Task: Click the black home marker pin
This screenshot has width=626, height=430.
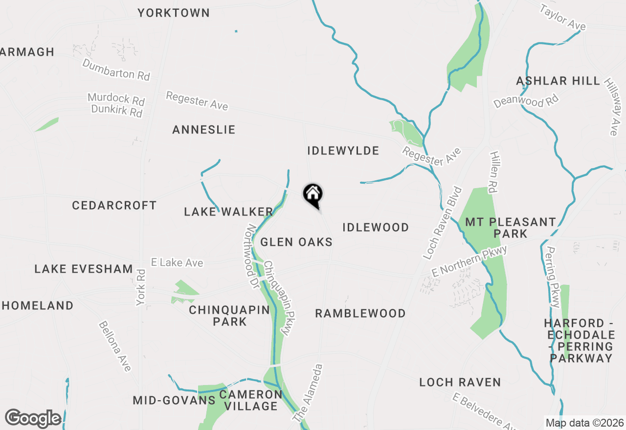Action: tap(313, 195)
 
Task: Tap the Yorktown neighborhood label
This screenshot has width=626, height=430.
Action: tap(174, 13)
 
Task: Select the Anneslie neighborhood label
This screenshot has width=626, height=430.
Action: tap(204, 129)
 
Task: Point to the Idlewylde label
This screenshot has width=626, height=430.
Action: tap(343, 150)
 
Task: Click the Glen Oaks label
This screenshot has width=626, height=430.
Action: tap(296, 242)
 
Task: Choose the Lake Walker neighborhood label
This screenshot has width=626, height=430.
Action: tap(228, 212)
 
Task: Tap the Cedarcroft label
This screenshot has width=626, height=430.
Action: tap(114, 205)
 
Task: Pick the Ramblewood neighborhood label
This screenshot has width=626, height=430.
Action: tap(360, 313)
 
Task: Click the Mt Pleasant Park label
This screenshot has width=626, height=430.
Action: tap(510, 228)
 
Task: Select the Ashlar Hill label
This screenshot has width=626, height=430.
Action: tap(558, 81)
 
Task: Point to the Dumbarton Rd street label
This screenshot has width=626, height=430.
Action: tap(116, 69)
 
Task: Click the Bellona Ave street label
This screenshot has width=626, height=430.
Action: tap(115, 346)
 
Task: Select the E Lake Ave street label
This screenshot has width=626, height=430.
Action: tap(177, 263)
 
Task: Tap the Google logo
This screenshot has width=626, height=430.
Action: tap(33, 419)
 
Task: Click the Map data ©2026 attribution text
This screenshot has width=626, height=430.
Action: tap(584, 423)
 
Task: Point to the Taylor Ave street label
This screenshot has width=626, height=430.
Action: tap(562, 18)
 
